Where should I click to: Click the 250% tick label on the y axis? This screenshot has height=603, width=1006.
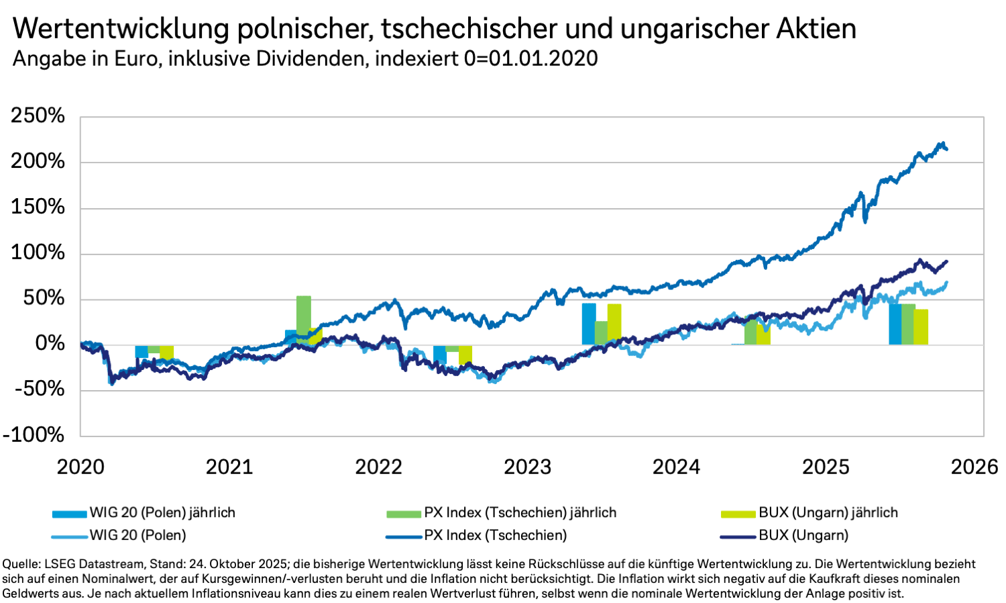(x=38, y=115)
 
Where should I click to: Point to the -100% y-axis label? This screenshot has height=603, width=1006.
(x=34, y=434)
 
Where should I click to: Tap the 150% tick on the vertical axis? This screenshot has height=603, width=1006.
(x=38, y=207)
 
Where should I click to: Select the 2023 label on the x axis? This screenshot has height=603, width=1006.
(x=527, y=467)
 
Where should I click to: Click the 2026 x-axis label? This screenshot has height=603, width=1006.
(x=974, y=467)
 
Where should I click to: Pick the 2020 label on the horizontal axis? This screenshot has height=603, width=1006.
(x=80, y=467)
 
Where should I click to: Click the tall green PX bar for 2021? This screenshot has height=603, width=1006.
(x=304, y=319)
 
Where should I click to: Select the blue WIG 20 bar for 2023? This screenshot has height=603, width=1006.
(x=589, y=324)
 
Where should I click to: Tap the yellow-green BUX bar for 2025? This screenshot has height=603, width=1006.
(x=921, y=327)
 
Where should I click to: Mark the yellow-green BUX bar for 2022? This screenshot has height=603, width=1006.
(x=465, y=355)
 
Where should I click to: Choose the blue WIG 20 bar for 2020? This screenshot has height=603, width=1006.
(x=142, y=351)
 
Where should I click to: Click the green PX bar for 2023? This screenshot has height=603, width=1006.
(x=601, y=332)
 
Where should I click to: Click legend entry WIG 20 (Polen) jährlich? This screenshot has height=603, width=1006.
(x=162, y=513)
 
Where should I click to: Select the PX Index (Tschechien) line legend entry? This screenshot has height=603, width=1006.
(x=495, y=535)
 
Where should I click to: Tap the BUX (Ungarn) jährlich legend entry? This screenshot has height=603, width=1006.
(x=828, y=513)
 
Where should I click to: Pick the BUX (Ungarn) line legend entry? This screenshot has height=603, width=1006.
(x=803, y=535)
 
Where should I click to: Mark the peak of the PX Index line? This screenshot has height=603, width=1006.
(x=942, y=143)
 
